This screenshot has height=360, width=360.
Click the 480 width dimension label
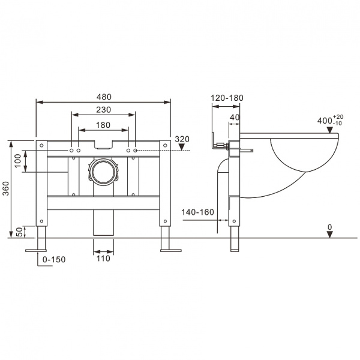click(103, 97)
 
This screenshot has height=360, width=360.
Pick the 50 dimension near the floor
click(18, 231)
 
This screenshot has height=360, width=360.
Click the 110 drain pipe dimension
click(103, 259)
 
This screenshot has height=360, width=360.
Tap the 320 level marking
click(182, 139)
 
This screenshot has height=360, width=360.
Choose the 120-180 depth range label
click(227, 98)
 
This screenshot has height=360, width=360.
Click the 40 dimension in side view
click(235, 118)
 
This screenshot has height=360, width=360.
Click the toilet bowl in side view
click(303, 159)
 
